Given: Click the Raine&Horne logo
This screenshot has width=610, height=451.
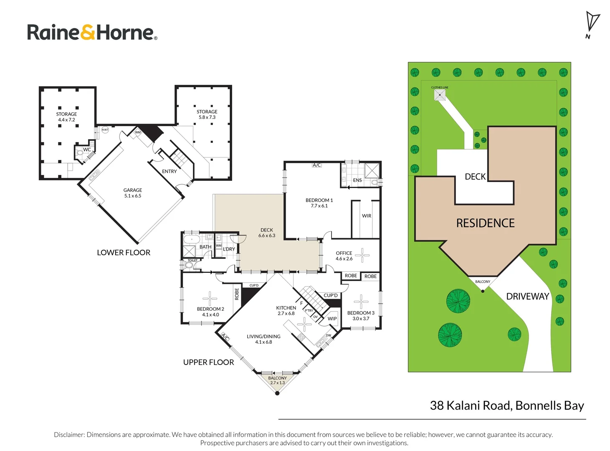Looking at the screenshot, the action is pyautogui.click(x=92, y=32).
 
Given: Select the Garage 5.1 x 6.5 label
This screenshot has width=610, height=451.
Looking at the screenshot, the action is pyautogui.click(x=132, y=193).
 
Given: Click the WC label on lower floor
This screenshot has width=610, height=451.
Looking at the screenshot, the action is pyautogui.click(x=87, y=149).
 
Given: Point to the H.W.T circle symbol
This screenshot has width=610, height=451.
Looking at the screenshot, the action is pyautogui.click(x=105, y=129).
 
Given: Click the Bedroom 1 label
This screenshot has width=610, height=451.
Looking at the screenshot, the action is pyautogui.click(x=319, y=203).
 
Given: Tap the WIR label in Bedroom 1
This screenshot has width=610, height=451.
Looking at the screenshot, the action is pyautogui.click(x=366, y=216).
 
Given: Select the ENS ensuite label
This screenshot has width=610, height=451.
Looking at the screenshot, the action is pyautogui.click(x=357, y=180).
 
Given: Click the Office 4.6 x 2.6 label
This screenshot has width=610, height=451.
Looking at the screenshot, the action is pyautogui.click(x=344, y=256).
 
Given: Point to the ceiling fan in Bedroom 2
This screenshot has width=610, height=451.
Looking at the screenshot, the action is pyautogui.click(x=210, y=299).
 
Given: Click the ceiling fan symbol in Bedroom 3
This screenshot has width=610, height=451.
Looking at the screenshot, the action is pyautogui.click(x=361, y=302).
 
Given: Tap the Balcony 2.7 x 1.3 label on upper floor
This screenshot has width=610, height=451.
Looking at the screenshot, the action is pyautogui.click(x=277, y=380).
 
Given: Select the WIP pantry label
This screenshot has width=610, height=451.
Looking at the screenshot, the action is pyautogui.click(x=332, y=318).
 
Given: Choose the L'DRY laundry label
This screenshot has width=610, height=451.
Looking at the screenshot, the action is pyautogui.click(x=229, y=249).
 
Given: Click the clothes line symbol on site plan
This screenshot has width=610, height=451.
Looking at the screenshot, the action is pyautogui.click(x=440, y=95).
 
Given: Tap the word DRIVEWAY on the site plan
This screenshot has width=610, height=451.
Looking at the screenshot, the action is pyautogui.click(x=527, y=296).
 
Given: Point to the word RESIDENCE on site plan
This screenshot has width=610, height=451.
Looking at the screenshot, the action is pyautogui.click(x=485, y=223).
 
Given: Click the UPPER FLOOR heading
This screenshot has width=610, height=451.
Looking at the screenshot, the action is pyautogui.click(x=208, y=362).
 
